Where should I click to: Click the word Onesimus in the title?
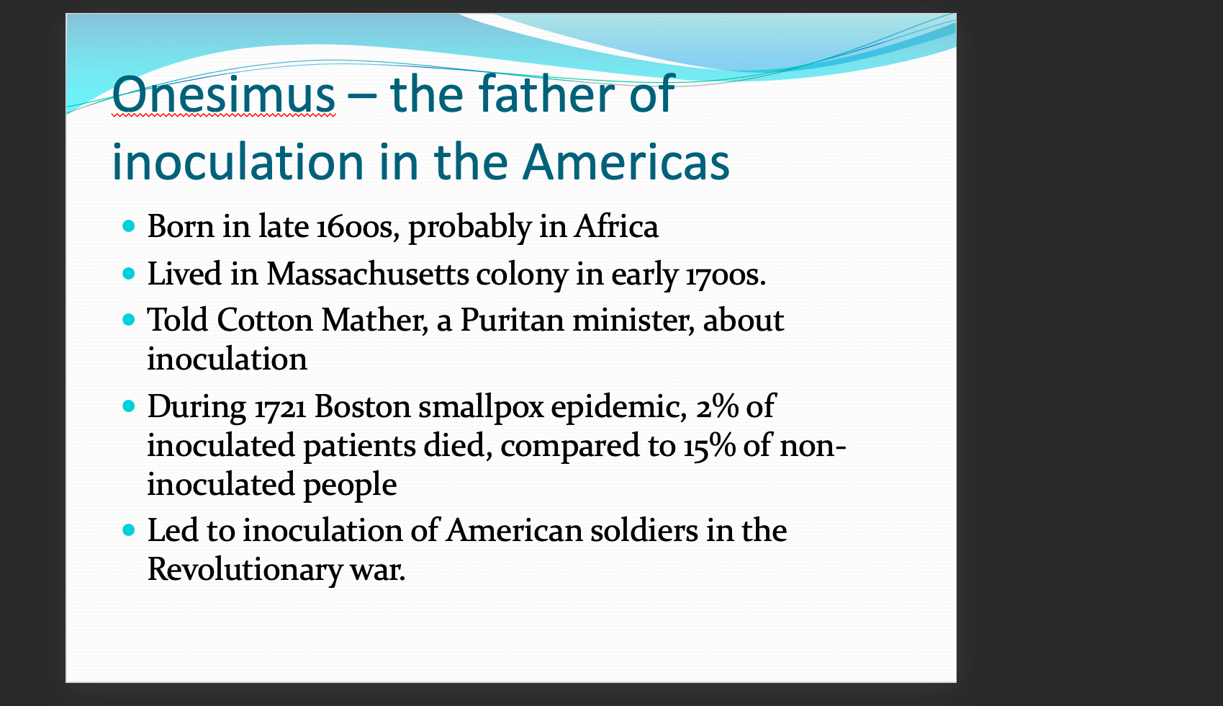(x=223, y=94)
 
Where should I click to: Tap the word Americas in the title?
(x=626, y=162)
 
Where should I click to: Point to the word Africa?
(x=616, y=225)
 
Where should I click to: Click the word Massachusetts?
(x=367, y=273)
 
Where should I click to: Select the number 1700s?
(x=726, y=274)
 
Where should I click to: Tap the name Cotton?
(x=265, y=320)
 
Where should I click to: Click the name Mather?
(x=374, y=320)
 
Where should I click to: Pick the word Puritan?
(x=512, y=320)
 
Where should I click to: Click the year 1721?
(x=280, y=408)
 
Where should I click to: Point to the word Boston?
(x=362, y=406)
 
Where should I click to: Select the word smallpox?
(x=481, y=408)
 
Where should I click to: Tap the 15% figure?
(x=709, y=445)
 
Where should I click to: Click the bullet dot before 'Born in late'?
(x=129, y=225)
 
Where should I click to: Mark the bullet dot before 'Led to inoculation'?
(x=129, y=529)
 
